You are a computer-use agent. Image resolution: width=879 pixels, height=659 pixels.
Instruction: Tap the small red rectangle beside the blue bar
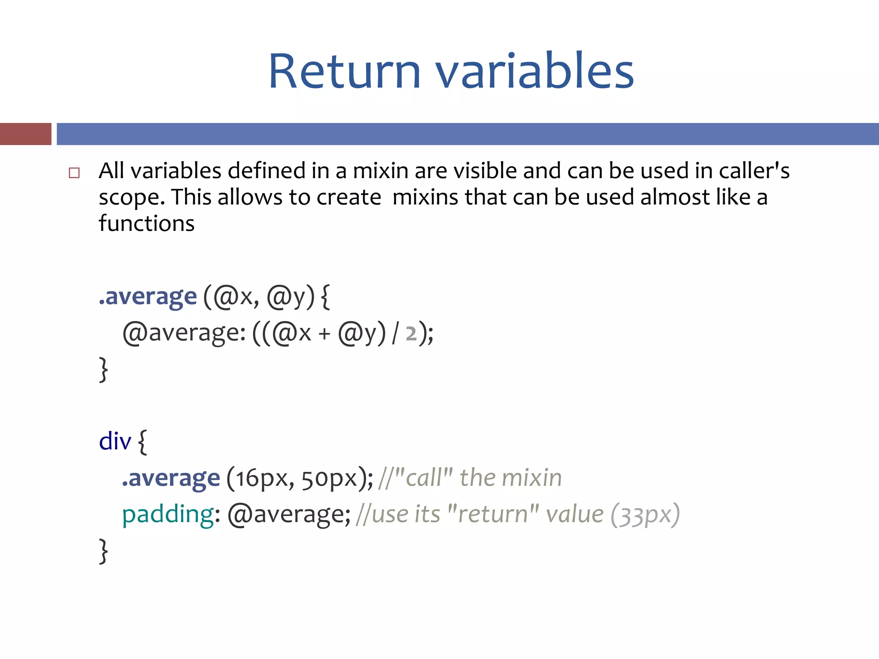coord(25,134)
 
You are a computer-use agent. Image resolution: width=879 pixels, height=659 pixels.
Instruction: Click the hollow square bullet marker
coord(74,173)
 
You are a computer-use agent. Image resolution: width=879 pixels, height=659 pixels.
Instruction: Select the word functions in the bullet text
coord(146,224)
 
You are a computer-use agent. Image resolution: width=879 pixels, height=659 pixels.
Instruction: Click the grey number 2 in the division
coord(411,333)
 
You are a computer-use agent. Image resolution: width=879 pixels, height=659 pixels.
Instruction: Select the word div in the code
coord(115,441)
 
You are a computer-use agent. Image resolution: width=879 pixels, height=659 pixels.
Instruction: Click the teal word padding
coord(168,514)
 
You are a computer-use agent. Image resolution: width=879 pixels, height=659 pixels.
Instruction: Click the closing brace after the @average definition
coord(103,369)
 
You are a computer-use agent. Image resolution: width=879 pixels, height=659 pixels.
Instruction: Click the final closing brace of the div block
coord(103,551)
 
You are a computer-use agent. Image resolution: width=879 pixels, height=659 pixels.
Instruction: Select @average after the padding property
coord(289,514)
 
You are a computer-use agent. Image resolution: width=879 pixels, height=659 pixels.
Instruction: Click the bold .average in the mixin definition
coord(148,296)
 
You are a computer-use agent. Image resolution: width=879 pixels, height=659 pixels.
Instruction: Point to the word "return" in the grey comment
coord(492,514)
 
